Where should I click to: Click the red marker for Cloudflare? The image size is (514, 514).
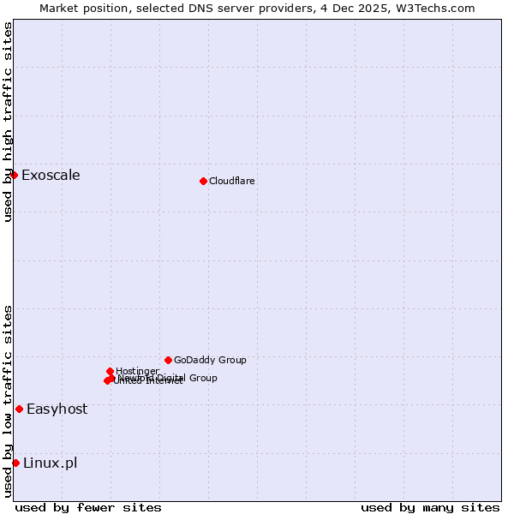[203, 181]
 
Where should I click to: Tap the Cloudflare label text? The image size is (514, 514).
[231, 181]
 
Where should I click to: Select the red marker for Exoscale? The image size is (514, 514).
[15, 175]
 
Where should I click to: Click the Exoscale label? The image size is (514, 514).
[51, 176]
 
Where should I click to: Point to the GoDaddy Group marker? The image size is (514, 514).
[168, 360]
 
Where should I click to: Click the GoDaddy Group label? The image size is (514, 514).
[210, 360]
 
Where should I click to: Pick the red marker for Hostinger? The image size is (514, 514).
[111, 371]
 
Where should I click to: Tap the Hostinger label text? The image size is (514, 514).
[137, 371]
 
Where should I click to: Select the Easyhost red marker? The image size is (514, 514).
[19, 409]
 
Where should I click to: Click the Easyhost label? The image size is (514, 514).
[57, 409]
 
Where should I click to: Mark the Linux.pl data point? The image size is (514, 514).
[15, 463]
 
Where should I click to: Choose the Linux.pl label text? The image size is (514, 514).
[50, 463]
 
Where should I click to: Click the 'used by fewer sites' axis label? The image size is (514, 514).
[88, 507]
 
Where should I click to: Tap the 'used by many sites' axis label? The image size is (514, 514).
[430, 507]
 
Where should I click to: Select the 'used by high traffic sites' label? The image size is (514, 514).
[8, 122]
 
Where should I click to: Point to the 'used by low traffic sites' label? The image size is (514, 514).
[8, 401]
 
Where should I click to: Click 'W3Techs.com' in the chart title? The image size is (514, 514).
[437, 8]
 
